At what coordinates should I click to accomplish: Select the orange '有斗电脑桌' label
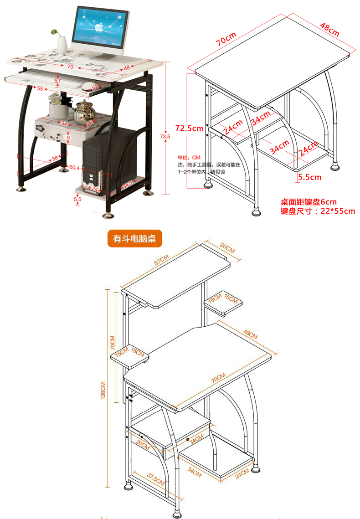(135, 238)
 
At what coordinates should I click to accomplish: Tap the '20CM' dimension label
(226, 250)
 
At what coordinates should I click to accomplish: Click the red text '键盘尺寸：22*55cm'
(318, 211)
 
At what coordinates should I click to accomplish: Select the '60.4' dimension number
(74, 168)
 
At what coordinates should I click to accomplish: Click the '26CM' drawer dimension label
(143, 443)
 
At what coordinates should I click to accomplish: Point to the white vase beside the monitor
(62, 44)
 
